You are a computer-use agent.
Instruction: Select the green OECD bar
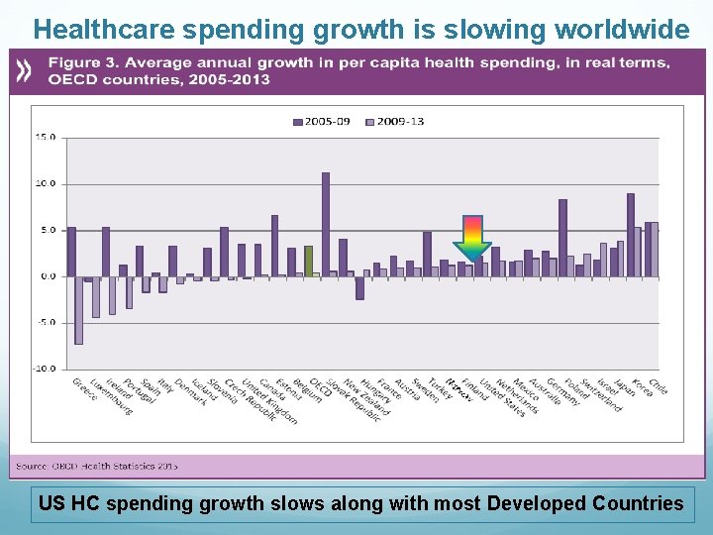point(308,261)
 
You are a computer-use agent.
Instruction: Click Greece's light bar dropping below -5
point(78,309)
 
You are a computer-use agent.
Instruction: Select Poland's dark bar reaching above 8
point(562,237)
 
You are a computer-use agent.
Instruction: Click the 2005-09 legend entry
point(322,121)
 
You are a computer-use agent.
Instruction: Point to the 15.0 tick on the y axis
point(46,138)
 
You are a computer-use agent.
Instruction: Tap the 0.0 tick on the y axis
point(48,276)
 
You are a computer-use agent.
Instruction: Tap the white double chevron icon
point(25,70)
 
